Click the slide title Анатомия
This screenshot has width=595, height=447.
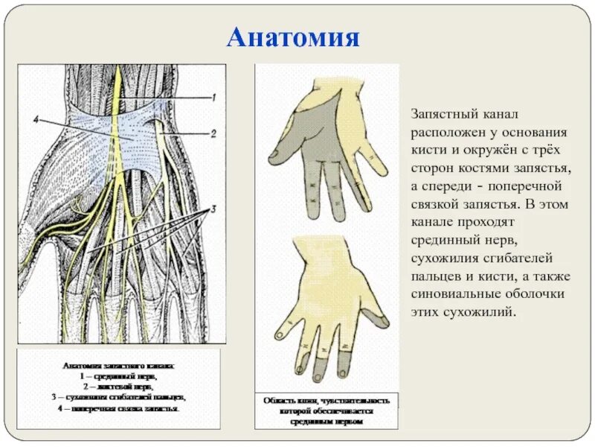294,37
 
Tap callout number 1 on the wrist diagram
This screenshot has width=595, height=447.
212,98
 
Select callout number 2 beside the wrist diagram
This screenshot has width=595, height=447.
213,134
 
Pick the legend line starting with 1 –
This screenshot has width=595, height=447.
119,377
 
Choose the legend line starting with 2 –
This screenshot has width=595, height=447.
119,387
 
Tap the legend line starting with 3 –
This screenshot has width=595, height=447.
119,398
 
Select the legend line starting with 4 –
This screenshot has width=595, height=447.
119,408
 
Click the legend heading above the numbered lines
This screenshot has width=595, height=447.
119,367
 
